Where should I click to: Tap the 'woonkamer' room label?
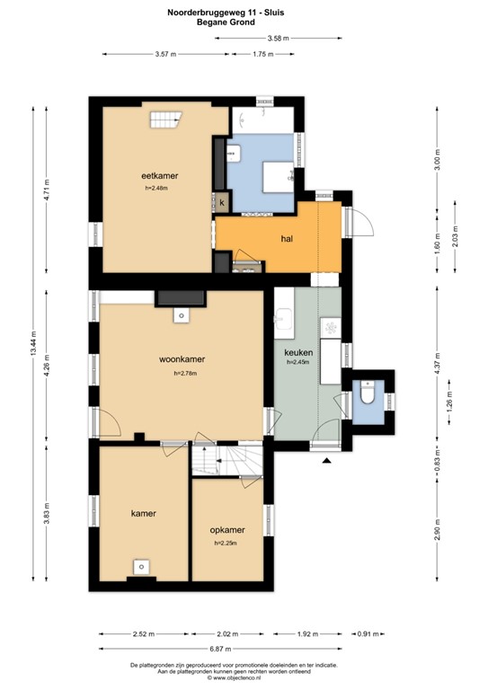pyautogui.click(x=182, y=358)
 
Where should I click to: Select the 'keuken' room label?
pyautogui.click(x=297, y=352)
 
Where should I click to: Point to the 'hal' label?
pyautogui.click(x=288, y=240)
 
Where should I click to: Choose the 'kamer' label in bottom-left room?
pyautogui.click(x=143, y=514)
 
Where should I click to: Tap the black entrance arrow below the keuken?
pyautogui.click(x=325, y=461)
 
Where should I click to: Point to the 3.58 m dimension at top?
pyautogui.click(x=278, y=38)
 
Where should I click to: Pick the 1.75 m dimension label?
pyautogui.click(x=262, y=55)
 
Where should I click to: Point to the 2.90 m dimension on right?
pyautogui.click(x=437, y=529)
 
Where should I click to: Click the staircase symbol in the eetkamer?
pyautogui.click(x=164, y=119)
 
